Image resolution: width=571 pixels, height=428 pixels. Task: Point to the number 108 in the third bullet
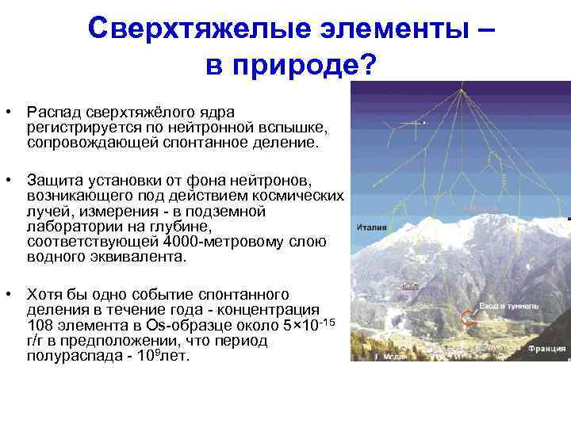coord(40,326)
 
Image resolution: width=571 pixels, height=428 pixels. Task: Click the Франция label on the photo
coord(548,347)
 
